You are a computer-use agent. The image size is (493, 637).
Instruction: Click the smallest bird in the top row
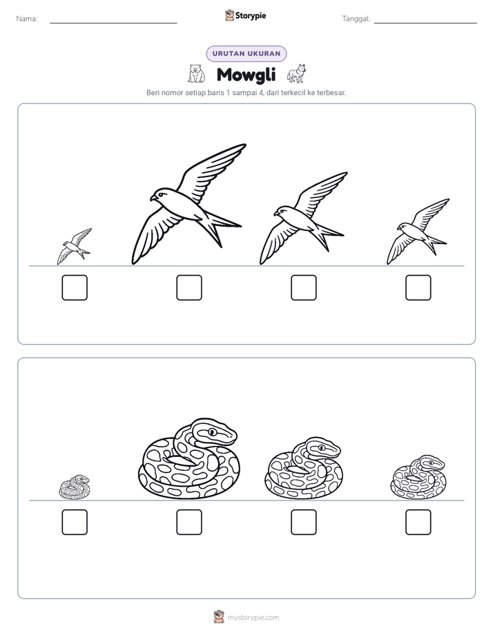click(74, 247)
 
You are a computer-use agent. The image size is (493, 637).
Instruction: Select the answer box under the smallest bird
click(75, 287)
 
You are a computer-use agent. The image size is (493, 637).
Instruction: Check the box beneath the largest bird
click(189, 287)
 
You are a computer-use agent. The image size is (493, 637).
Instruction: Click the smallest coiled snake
click(75, 487)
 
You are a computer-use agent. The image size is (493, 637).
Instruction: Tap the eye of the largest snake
click(212, 432)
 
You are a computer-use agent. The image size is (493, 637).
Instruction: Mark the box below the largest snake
click(189, 522)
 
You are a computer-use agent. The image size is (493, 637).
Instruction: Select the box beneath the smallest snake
click(75, 522)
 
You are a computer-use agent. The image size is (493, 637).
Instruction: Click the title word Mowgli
click(246, 74)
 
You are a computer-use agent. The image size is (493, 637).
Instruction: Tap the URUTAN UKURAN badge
click(246, 54)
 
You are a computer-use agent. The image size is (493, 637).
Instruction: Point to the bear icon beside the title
click(197, 74)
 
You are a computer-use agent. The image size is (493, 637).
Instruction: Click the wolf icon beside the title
click(296, 74)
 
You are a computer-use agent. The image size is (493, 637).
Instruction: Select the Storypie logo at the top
click(245, 15)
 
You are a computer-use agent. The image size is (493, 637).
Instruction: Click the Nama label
click(27, 19)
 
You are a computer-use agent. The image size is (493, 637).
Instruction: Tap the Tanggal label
click(356, 19)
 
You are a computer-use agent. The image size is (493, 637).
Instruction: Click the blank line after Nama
click(113, 23)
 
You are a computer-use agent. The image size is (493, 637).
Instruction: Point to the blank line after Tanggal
click(425, 23)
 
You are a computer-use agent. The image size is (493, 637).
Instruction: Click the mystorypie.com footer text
click(253, 618)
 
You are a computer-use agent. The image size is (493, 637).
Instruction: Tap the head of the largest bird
click(160, 194)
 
